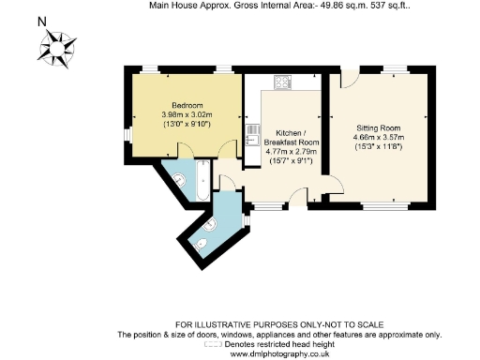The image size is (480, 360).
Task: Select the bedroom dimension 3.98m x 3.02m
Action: [187, 114]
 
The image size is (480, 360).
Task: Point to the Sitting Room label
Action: [379, 126]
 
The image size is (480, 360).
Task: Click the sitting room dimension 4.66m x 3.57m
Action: [379, 135]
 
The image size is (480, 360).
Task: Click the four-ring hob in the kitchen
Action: [283, 82]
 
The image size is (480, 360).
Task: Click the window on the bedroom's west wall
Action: [128, 134]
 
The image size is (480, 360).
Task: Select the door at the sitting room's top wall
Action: [349, 80]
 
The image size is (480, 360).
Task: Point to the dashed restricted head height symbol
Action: [214, 344]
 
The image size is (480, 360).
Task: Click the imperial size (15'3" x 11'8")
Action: [379, 144]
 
